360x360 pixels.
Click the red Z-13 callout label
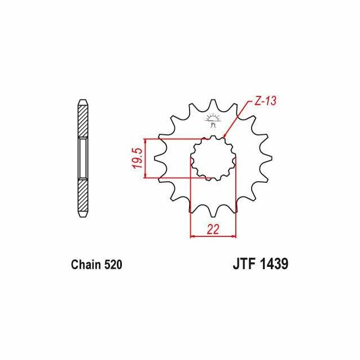click(265, 100)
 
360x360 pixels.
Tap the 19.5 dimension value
click(138, 158)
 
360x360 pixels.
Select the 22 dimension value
click(213, 229)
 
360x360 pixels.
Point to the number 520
click(113, 265)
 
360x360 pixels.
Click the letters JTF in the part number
click(244, 264)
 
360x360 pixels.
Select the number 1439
click(274, 264)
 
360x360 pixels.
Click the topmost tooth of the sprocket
click(213, 104)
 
